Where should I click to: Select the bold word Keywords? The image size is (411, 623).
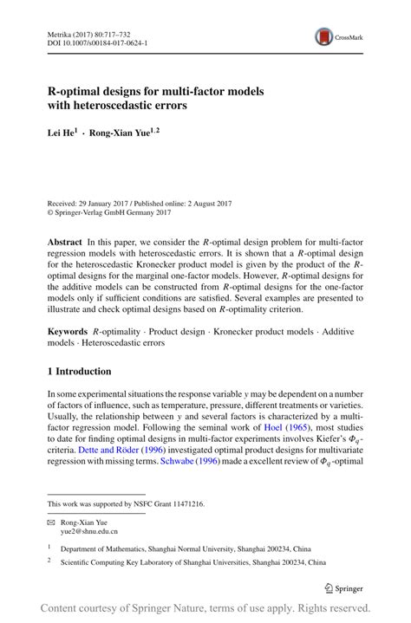(67, 332)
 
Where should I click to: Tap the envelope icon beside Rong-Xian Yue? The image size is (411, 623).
(51, 522)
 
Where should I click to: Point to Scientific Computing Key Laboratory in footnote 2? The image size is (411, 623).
(121, 561)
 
